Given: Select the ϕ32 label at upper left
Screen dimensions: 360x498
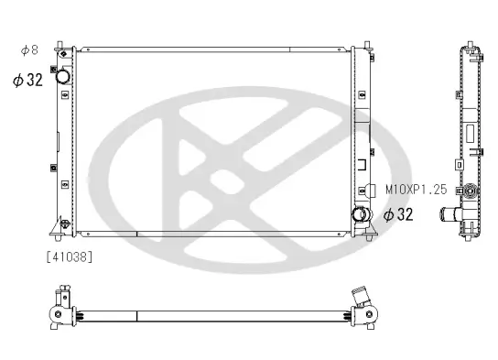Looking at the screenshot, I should click(27, 80).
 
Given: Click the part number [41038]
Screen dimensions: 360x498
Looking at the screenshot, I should click(69, 256).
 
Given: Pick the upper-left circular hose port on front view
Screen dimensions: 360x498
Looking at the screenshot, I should click(63, 79).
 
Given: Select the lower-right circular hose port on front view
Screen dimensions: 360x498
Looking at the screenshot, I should click(362, 216).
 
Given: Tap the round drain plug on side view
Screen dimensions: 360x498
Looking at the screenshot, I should click(471, 194).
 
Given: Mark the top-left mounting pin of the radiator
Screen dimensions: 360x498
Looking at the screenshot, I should click(61, 45).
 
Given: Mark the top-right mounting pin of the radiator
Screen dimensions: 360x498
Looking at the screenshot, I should click(367, 45).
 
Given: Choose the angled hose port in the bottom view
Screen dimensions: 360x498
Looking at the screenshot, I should click(362, 299).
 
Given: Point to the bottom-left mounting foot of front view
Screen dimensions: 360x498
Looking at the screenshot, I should click(61, 226).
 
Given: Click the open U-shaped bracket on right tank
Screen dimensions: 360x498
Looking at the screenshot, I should click(364, 169).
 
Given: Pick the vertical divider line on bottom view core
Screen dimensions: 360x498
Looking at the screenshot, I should click(137, 316).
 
